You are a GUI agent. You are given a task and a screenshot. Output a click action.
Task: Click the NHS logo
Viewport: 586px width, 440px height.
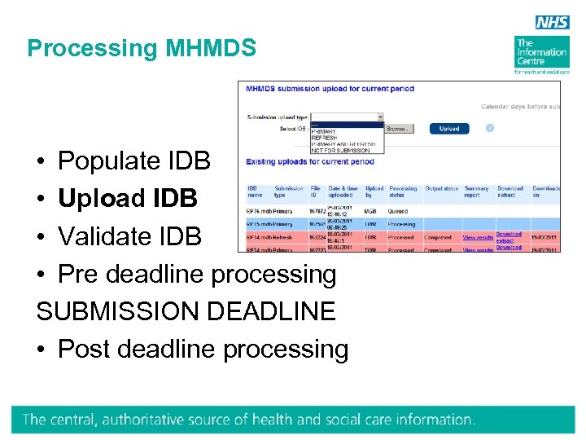click(x=553, y=22)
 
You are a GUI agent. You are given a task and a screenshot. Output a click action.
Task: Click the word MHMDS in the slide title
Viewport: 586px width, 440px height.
click(x=211, y=49)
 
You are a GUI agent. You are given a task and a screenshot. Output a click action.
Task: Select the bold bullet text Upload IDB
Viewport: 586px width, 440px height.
click(x=128, y=198)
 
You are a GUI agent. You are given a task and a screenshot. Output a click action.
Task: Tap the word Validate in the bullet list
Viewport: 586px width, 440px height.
click(x=102, y=236)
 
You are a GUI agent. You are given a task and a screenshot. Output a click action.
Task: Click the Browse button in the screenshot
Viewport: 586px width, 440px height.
click(x=397, y=129)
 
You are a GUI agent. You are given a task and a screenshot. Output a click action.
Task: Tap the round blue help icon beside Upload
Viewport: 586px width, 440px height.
click(x=490, y=128)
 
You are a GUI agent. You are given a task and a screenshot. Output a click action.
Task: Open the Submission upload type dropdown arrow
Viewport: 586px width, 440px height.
click(x=380, y=117)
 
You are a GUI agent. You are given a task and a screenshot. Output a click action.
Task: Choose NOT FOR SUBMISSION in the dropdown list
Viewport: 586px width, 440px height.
click(x=342, y=150)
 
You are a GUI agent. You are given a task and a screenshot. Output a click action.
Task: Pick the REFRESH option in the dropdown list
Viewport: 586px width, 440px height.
click(x=324, y=138)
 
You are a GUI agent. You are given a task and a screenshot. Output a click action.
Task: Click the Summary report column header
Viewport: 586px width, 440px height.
click(x=476, y=192)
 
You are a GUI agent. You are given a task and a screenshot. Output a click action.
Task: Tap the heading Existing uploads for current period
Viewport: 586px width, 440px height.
click(x=310, y=162)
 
